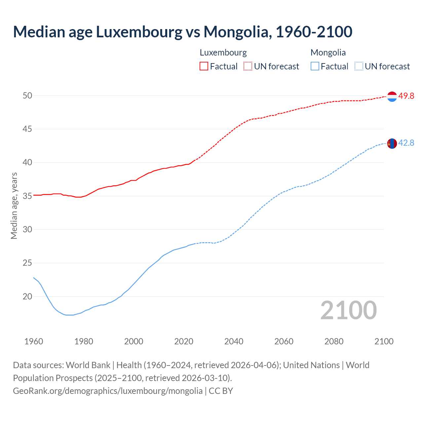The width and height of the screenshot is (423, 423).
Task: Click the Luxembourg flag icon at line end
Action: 392,96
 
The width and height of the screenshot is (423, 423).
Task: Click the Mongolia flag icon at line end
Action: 392,143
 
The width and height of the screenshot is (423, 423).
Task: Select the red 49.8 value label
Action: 406,96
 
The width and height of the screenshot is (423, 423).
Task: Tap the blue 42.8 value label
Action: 406,143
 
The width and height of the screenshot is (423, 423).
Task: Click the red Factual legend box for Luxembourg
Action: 204,66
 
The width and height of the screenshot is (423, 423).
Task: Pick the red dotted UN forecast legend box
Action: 248,66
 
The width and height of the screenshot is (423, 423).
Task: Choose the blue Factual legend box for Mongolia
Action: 315,66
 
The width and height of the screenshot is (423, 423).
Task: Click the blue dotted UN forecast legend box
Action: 359,66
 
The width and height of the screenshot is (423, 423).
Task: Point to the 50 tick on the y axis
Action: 27,96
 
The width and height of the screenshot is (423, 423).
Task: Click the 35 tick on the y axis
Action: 27,196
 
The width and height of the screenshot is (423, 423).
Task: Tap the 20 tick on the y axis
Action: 27,297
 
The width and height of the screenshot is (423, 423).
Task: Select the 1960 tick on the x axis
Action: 34,341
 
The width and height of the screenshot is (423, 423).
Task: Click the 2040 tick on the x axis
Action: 234,341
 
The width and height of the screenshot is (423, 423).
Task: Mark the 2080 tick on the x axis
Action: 334,341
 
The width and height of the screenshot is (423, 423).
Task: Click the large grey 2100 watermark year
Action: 348,310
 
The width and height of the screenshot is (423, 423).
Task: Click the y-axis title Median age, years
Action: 14,206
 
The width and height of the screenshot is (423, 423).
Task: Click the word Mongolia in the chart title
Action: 237,32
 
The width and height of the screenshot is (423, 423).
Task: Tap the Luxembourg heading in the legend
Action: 223,53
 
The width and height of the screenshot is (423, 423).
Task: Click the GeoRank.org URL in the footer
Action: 108,391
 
